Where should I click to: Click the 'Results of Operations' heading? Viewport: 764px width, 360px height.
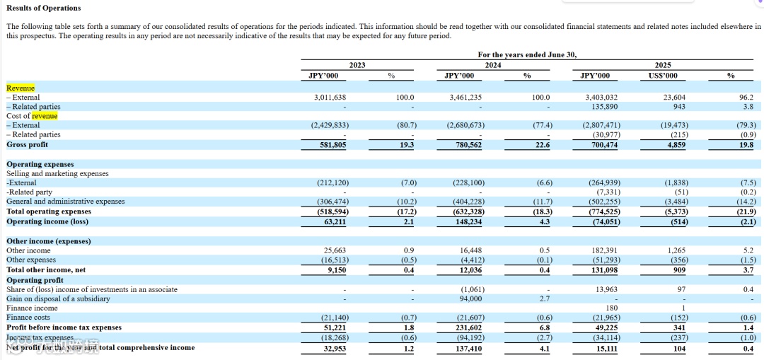(44, 8)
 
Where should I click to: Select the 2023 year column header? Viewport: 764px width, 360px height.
(357, 64)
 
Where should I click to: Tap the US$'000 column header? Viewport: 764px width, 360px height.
(663, 75)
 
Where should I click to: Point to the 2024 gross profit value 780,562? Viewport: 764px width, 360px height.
(467, 144)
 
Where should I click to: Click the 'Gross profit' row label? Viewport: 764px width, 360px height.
(28, 144)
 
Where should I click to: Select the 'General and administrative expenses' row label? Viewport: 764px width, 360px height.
(65, 202)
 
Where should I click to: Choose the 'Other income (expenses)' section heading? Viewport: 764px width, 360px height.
(49, 241)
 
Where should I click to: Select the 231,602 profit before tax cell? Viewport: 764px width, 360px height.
(467, 327)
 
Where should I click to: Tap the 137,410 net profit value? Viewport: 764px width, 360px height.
(467, 347)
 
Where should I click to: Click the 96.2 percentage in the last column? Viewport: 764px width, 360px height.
(746, 98)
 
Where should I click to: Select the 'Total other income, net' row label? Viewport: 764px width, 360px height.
(46, 269)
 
